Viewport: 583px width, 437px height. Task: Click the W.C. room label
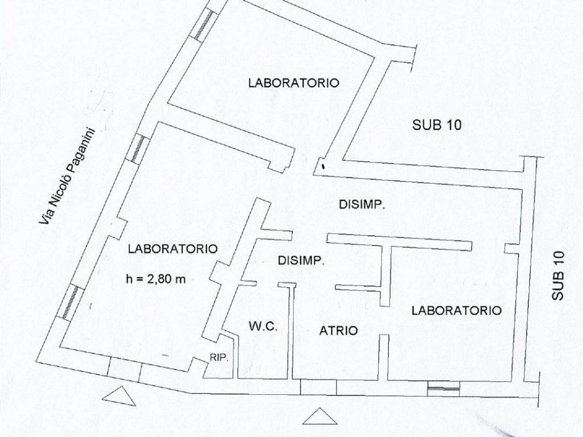point(263,327)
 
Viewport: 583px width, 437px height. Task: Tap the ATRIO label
point(338,330)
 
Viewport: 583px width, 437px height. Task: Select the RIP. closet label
point(219,358)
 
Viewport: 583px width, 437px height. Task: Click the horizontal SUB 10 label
point(437,126)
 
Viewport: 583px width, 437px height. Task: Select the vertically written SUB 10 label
point(558,276)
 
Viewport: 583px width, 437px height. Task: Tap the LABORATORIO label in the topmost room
point(293,83)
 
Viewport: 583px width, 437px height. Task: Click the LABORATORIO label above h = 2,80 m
point(172,249)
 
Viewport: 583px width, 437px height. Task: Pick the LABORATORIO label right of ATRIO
point(456,311)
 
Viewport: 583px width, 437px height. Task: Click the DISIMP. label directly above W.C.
point(301,261)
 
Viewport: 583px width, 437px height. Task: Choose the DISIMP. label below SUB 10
point(362,205)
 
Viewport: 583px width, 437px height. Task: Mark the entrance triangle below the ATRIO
point(317,418)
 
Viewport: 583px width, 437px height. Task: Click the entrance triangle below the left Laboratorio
point(120,396)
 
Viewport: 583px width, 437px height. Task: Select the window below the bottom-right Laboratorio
point(444,388)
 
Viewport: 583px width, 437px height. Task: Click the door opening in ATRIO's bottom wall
point(318,386)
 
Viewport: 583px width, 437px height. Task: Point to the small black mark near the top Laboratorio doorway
point(323,167)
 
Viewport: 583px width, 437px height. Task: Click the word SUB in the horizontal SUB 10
point(424,126)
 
